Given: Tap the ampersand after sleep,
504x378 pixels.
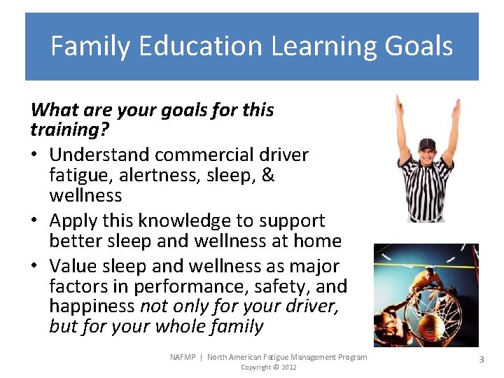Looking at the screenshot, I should click(267, 175).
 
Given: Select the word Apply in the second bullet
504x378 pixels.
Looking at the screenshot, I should click(71, 220).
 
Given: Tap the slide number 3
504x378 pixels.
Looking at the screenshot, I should click(481, 358).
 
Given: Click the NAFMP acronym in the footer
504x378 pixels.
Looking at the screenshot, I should click(184, 357).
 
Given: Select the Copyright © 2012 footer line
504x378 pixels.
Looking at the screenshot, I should click(269, 367).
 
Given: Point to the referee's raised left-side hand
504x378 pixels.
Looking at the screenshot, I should click(398, 105).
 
